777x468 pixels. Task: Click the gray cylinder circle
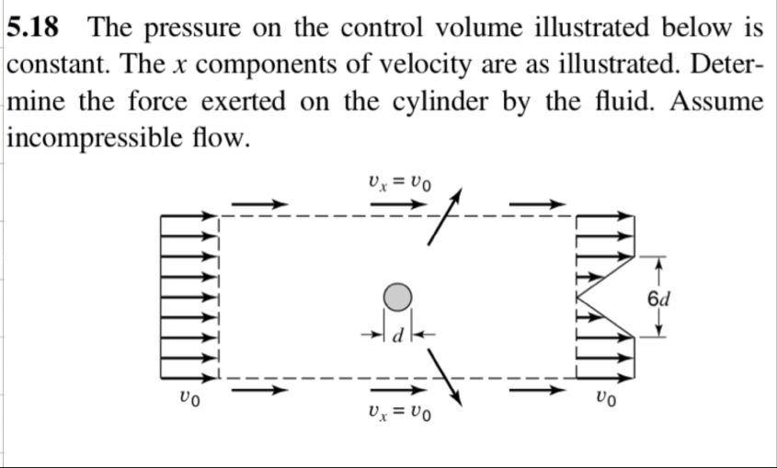tap(396, 297)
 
